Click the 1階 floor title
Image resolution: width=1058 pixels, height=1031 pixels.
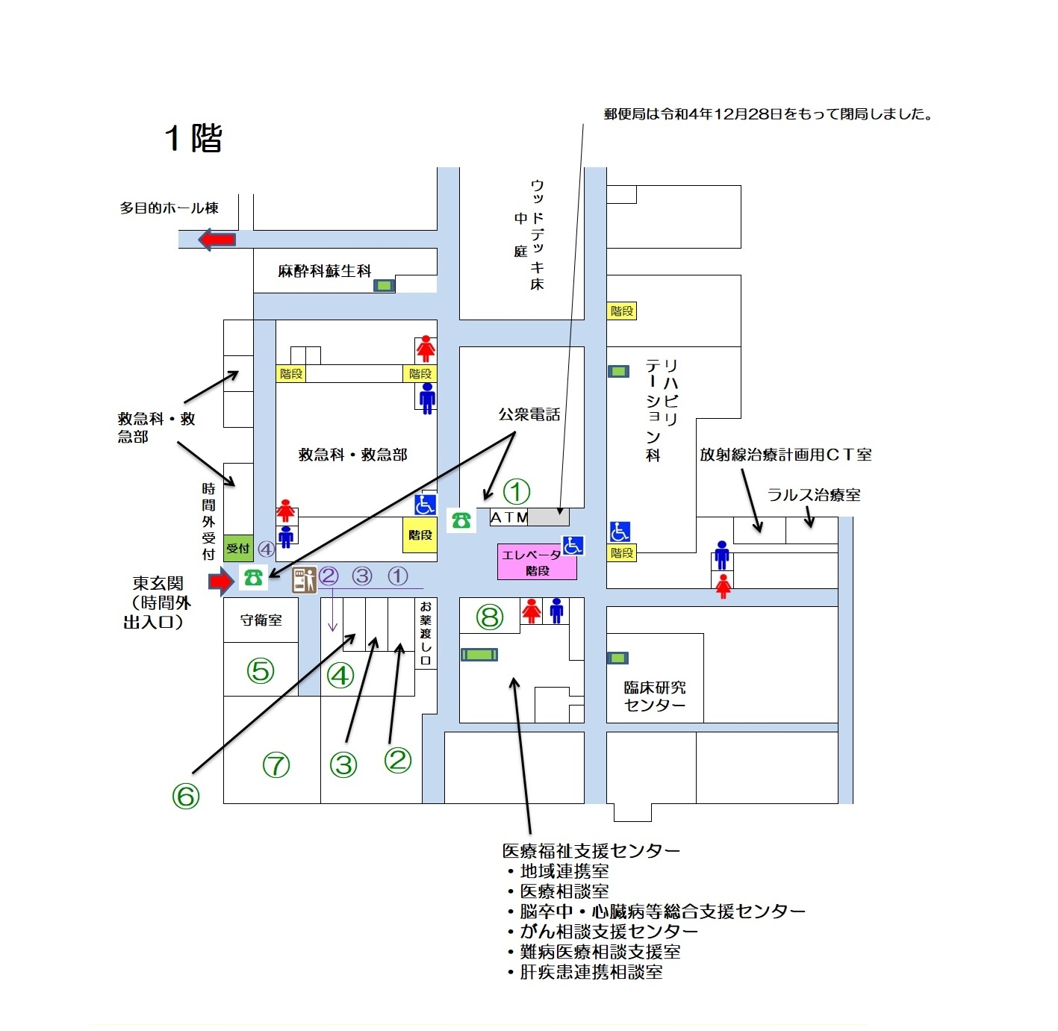point(193,138)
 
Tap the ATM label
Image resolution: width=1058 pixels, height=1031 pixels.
point(508,517)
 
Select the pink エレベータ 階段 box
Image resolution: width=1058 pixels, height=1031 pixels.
point(536,562)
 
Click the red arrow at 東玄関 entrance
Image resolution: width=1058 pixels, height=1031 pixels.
point(220,580)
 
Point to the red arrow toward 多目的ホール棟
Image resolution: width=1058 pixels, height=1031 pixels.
point(217,240)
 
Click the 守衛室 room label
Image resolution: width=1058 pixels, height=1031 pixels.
point(261,620)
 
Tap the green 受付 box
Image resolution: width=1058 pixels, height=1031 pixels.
point(238,549)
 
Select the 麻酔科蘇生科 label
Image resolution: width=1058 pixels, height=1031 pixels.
point(325,271)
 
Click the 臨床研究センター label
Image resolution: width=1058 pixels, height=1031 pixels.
point(655,696)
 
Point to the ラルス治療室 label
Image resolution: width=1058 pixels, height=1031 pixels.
point(814,495)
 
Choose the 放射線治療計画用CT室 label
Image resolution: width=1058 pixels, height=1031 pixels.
point(785,455)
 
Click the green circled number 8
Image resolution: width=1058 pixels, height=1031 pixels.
point(490,617)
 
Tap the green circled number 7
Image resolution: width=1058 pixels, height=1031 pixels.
point(276,765)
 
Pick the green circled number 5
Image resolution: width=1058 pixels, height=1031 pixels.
point(261,671)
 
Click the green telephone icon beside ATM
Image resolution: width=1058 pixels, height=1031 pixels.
point(461,520)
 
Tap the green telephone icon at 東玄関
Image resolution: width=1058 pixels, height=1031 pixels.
point(253,577)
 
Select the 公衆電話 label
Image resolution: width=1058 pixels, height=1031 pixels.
point(529,414)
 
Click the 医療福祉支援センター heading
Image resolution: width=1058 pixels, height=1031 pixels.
point(591,851)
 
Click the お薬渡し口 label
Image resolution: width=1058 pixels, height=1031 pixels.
point(426,633)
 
